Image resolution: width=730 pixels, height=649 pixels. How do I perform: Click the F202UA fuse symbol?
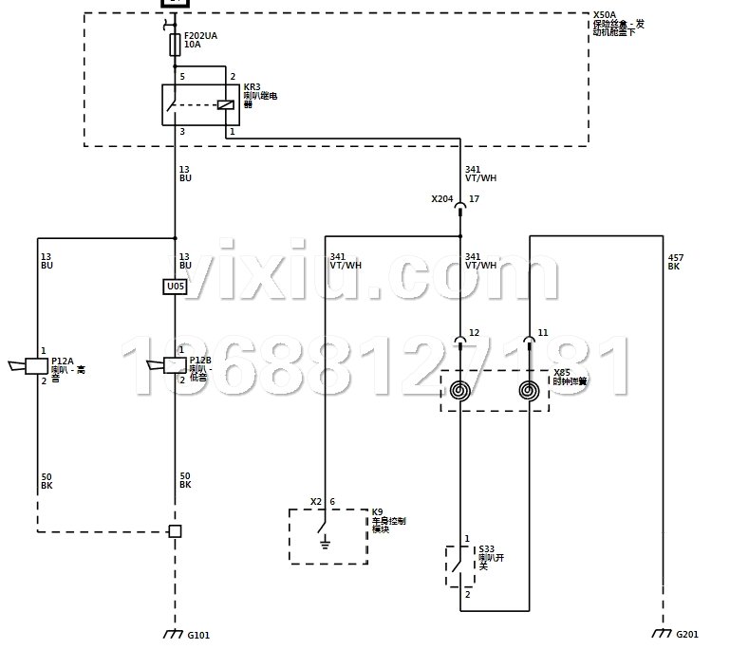tap(175, 45)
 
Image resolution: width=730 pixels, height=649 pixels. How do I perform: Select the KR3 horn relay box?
tap(200, 104)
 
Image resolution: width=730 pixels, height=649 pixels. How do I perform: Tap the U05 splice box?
tap(175, 287)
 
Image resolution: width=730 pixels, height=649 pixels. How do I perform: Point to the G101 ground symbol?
tap(175, 633)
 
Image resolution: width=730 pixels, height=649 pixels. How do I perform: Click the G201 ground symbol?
tap(662, 633)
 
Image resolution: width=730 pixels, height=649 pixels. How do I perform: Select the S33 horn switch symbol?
tap(460, 566)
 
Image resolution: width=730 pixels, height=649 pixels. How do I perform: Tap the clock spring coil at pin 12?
tap(460, 390)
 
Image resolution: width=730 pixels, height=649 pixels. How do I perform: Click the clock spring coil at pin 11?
tap(530, 390)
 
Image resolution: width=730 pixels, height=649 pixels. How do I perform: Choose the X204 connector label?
tap(441, 199)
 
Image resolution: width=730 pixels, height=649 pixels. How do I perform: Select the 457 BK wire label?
tap(675, 262)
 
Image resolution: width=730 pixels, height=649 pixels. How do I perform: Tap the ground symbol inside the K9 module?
tap(325, 544)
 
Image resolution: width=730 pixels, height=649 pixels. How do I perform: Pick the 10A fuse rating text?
tap(192, 45)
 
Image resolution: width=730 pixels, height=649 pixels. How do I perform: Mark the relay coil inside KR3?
tap(225, 104)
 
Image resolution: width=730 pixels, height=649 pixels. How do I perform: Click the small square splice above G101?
tap(175, 531)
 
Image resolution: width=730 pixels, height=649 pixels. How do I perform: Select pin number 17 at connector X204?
tap(474, 199)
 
